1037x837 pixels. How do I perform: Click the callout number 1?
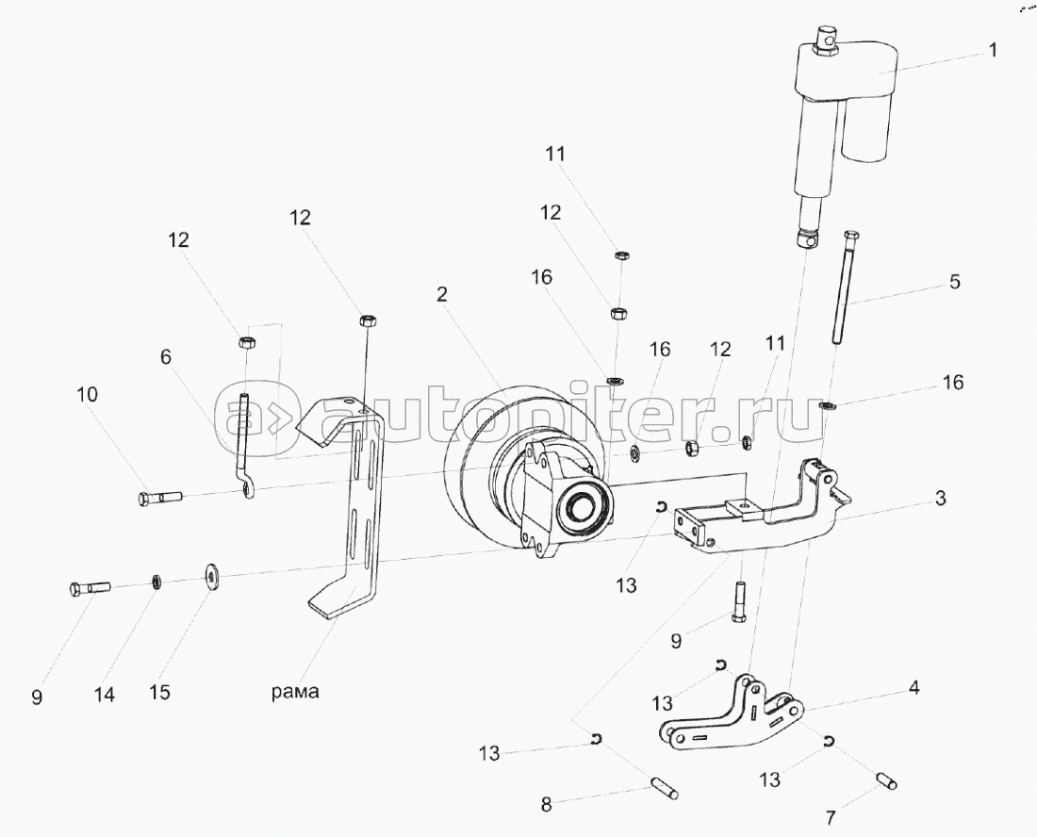992,50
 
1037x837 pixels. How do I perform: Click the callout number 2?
442,294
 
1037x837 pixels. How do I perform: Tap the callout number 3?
941,498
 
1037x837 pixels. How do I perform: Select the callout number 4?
914,687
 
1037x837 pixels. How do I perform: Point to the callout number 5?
954,282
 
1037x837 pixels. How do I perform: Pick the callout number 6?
166,357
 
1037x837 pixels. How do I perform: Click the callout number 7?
831,818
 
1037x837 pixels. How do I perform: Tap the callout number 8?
546,805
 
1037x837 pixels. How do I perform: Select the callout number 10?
88,395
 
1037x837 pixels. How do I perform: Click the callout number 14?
105,694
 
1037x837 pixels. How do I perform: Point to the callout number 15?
159,692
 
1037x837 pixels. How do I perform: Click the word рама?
295,692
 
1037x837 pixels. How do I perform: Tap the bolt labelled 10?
160,497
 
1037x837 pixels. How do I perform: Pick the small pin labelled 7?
887,780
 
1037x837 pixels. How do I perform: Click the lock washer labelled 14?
157,582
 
